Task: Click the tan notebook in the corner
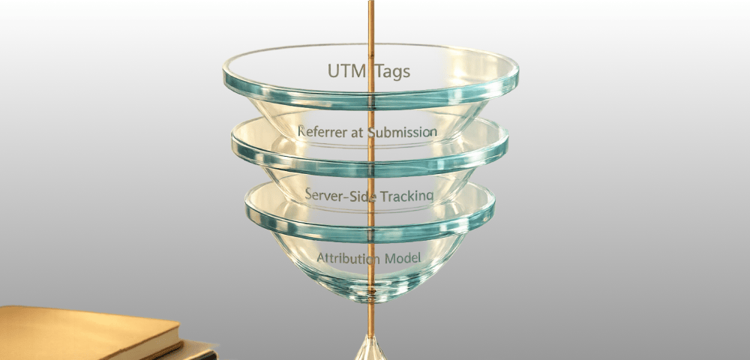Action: pos(82,330)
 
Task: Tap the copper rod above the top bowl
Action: pos(370,22)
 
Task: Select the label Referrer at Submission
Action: pos(367,132)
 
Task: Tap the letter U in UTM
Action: pos(334,71)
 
